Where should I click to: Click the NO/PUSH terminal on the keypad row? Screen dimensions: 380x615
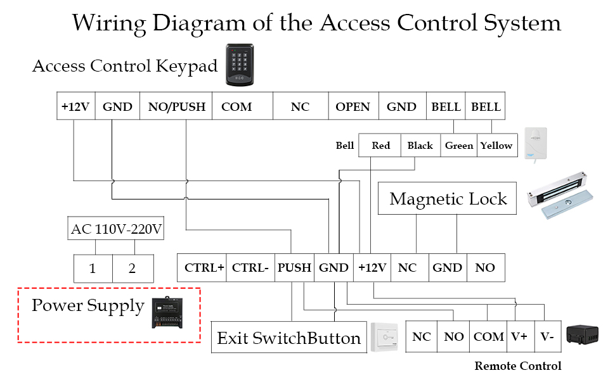(x=177, y=106)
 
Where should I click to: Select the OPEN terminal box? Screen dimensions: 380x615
(x=353, y=106)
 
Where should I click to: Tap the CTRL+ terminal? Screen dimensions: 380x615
(x=204, y=268)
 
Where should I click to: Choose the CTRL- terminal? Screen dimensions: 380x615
(x=250, y=268)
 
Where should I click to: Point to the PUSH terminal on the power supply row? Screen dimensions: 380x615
(x=294, y=268)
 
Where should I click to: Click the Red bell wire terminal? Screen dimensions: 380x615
(x=380, y=146)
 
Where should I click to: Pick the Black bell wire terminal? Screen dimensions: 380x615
(x=420, y=146)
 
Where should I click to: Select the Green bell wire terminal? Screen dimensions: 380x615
(x=459, y=146)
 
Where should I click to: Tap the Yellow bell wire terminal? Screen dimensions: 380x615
(x=496, y=146)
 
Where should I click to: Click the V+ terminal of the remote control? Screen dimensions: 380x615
(x=519, y=337)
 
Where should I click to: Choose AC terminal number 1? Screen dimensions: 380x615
(x=93, y=269)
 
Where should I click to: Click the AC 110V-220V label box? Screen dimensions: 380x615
(x=117, y=229)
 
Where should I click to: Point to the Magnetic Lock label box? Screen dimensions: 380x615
(x=448, y=199)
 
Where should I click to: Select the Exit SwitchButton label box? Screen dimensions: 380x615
(x=289, y=338)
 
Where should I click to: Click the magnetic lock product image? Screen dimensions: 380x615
(x=560, y=199)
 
